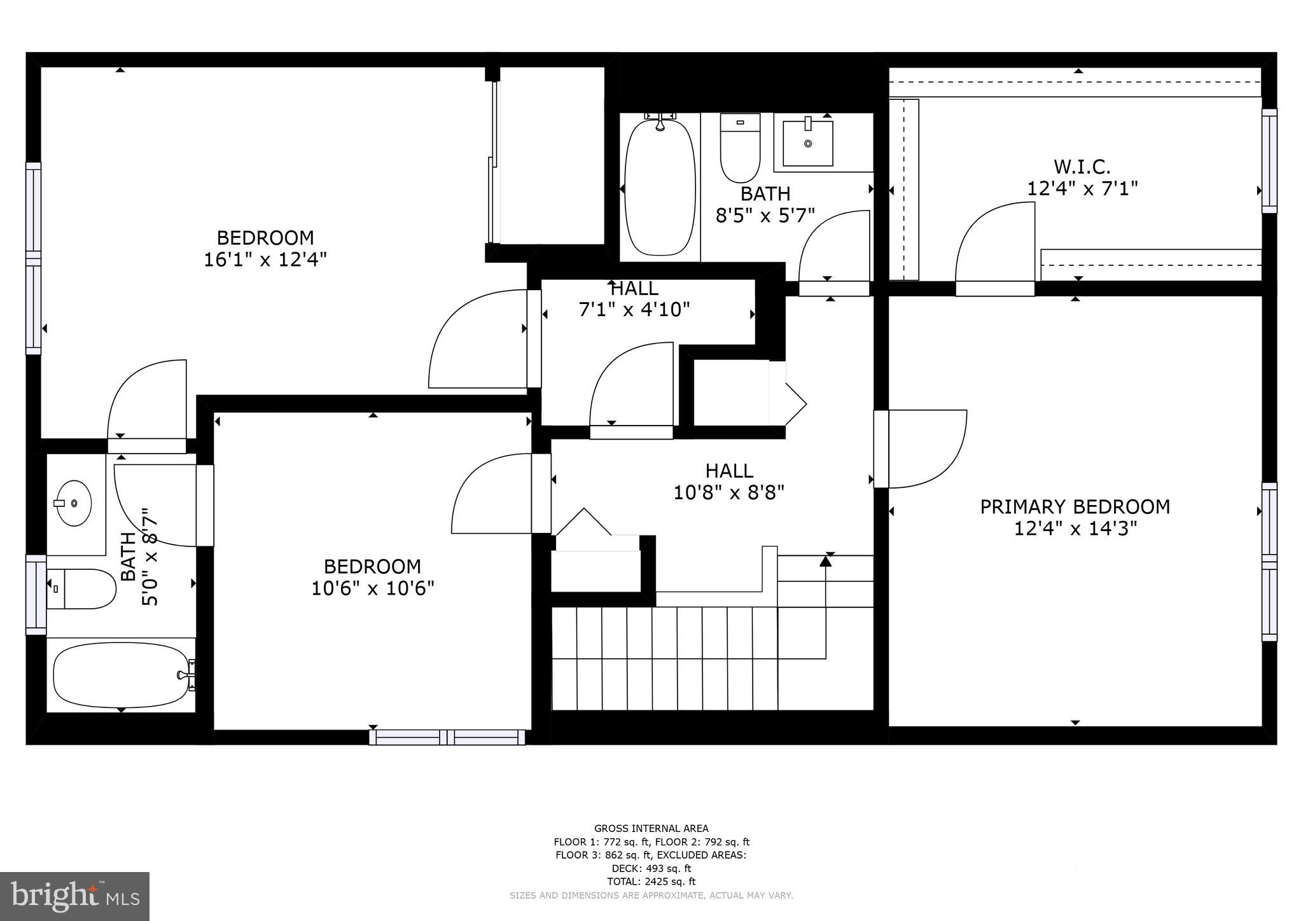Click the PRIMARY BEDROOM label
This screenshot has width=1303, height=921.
point(1075,507)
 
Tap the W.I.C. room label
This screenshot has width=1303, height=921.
point(1082,167)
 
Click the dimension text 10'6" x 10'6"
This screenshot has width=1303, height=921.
point(372,588)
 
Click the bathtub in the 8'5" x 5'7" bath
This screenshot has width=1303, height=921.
point(660,188)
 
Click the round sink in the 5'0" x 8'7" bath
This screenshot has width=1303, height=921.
point(74,503)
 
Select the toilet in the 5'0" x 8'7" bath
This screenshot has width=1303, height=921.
point(81,589)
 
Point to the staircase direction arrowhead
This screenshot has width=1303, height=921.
point(825,561)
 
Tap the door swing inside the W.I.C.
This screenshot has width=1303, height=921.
point(994,245)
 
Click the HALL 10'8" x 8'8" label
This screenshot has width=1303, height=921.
point(729,471)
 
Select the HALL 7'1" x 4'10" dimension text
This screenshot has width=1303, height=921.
point(634,310)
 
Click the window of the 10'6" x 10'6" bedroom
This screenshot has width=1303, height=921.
point(447,737)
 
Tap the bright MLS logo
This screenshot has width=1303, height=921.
point(74,896)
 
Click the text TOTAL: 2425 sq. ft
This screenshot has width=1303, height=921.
point(651,882)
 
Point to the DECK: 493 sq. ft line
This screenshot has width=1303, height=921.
point(651,868)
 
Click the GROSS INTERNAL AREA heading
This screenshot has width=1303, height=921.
point(651,828)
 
